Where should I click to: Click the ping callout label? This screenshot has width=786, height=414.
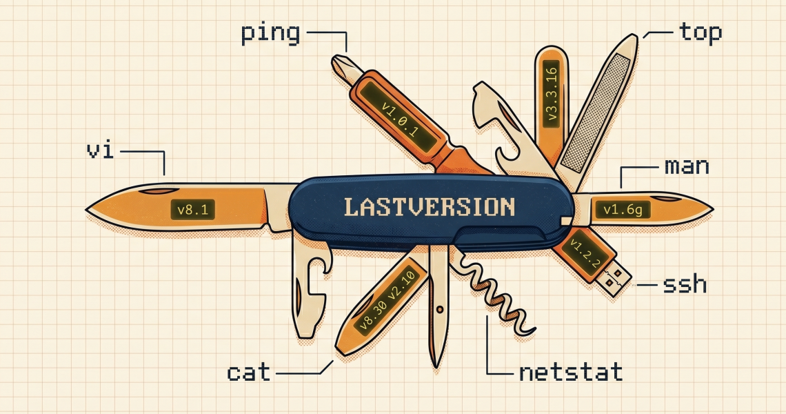tap(270, 33)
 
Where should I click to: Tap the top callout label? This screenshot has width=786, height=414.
tap(700, 32)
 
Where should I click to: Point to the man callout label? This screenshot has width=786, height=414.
tap(686, 166)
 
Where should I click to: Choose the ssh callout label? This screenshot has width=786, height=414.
tap(685, 284)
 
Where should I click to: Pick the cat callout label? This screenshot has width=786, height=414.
tap(249, 373)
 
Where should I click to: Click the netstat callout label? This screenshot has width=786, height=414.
tap(570, 373)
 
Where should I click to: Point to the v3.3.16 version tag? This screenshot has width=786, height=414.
tap(552, 94)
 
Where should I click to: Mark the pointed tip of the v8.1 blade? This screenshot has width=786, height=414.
tap(88, 207)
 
